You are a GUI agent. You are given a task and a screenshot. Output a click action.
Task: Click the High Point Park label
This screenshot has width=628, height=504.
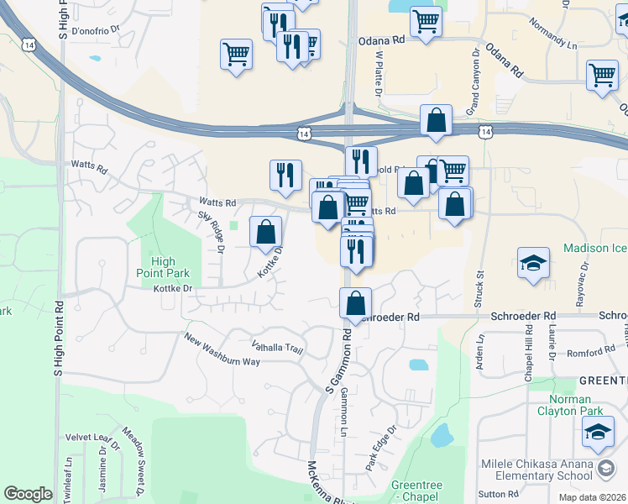tap(163, 267)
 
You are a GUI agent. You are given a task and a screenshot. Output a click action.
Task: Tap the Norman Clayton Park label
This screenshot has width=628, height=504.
tap(579, 406)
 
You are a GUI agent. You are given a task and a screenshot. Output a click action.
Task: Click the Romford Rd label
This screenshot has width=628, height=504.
tap(592, 353)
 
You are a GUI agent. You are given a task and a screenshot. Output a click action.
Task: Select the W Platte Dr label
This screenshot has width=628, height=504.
tap(379, 73)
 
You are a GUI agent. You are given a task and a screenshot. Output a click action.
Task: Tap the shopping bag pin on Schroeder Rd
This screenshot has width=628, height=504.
tap(356, 303)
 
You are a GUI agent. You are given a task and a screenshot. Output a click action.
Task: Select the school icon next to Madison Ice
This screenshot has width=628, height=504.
tap(534, 264)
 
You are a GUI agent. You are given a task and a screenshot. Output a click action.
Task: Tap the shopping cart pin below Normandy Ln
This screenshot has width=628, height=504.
tap(603, 75)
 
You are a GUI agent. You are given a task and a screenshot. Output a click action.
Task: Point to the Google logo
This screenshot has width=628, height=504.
tap(28, 493)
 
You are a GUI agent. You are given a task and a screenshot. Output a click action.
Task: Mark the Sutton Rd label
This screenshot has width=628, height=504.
tap(501, 494)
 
